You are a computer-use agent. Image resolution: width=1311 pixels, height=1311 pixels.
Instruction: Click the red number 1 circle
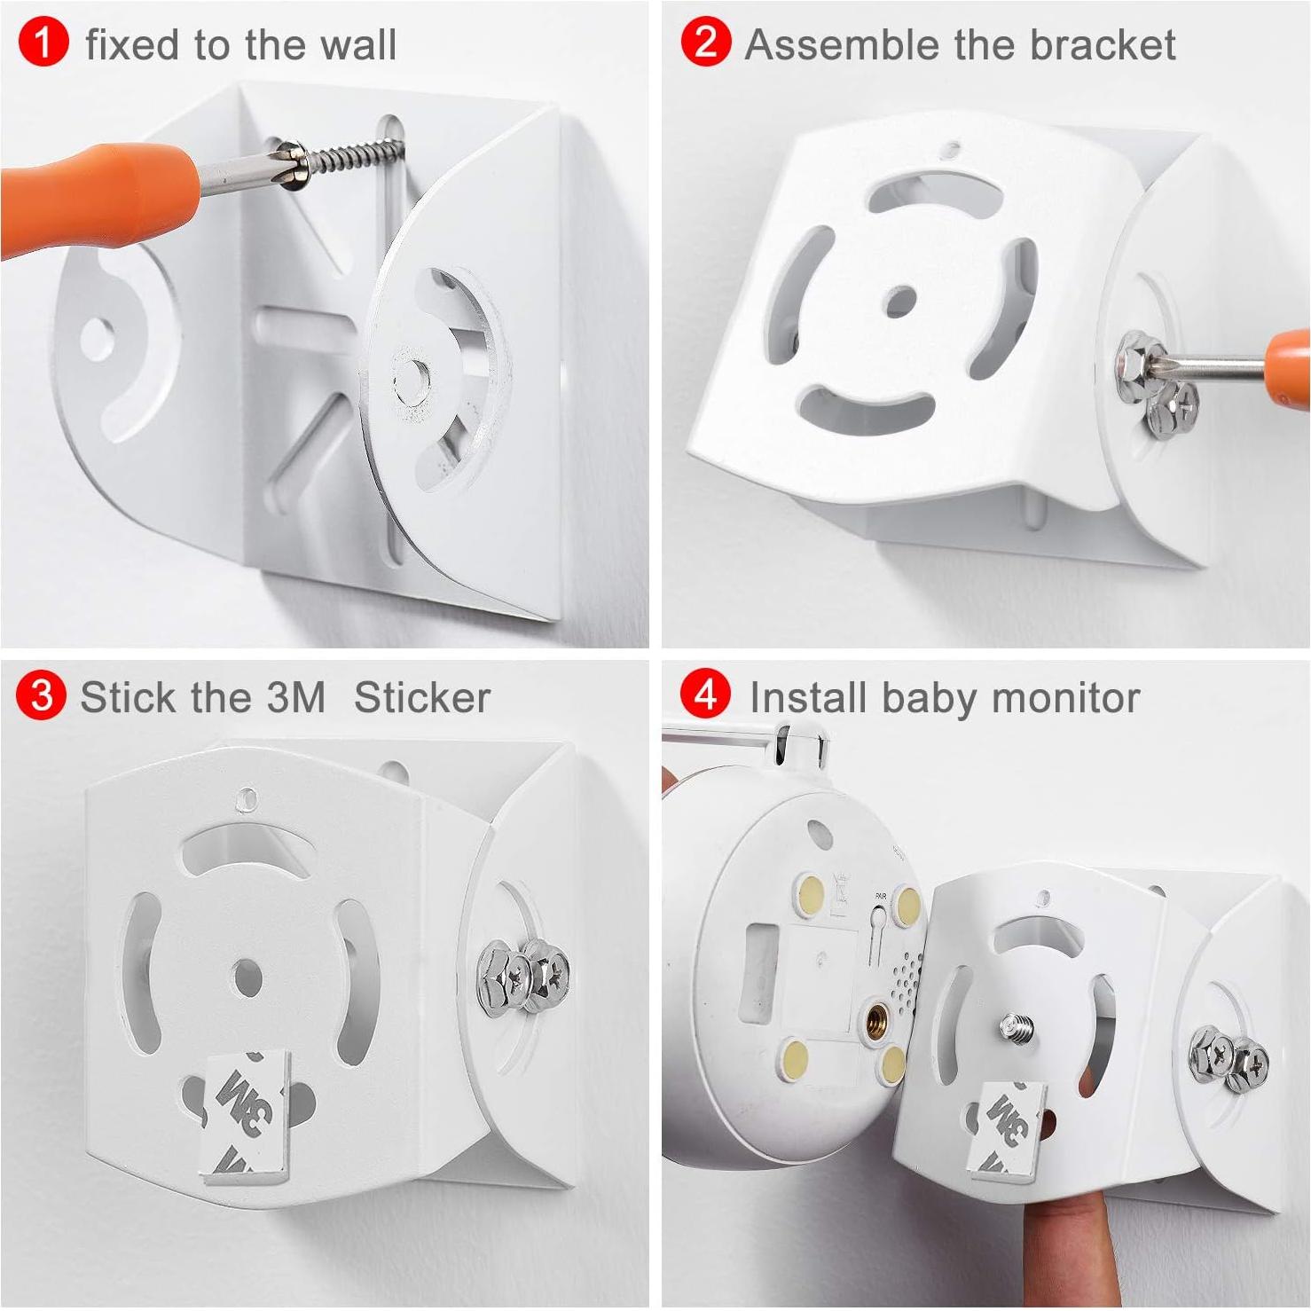click(42, 43)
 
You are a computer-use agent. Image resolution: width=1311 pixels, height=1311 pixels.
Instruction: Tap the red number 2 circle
click(706, 43)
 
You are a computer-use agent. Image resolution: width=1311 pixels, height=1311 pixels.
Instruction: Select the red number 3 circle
click(41, 695)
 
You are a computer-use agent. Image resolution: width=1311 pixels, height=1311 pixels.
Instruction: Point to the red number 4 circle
click(705, 695)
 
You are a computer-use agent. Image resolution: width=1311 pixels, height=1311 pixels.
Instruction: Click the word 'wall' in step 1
click(358, 44)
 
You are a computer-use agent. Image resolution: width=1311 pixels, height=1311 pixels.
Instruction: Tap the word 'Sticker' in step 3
click(421, 697)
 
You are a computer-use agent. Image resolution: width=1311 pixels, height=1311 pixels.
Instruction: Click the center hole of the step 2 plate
click(901, 302)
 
